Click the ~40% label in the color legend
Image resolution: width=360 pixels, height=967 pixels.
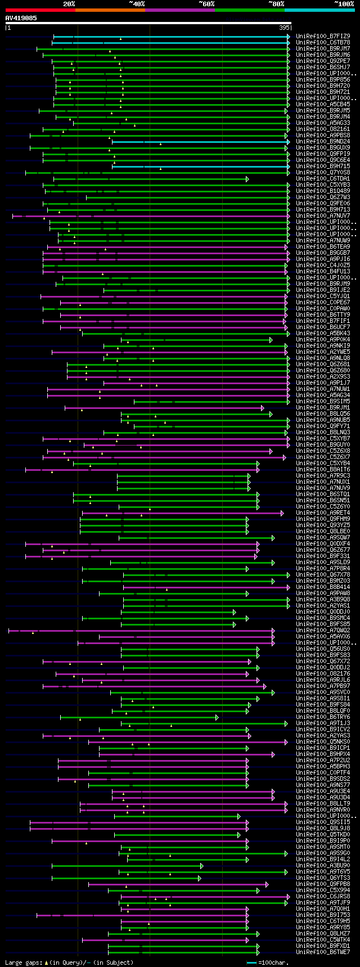pyautogui.click(x=137, y=4)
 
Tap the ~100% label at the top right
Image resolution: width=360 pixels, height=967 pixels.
pyautogui.click(x=344, y=4)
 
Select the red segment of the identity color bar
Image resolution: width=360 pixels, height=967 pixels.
pyautogui.click(x=40, y=10)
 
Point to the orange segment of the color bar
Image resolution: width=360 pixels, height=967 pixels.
pyautogui.click(x=110, y=10)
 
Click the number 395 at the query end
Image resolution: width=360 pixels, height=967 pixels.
pyautogui.click(x=284, y=27)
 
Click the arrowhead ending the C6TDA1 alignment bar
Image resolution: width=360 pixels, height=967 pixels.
pyautogui.click(x=247, y=179)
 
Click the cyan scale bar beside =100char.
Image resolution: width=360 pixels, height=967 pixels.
pyautogui.click(x=251, y=962)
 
